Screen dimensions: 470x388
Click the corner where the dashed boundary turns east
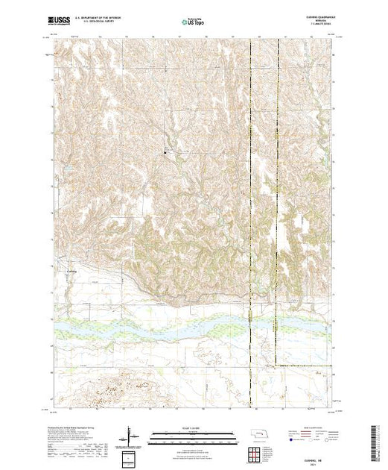pos(277,365)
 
